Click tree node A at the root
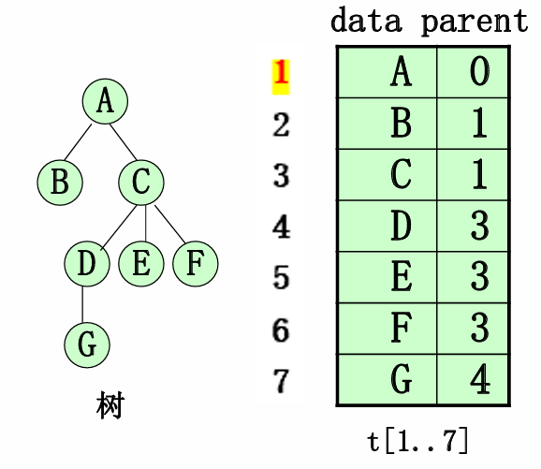(x=105, y=102)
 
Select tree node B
(x=60, y=181)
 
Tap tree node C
(x=140, y=181)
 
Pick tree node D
(x=87, y=264)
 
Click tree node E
(x=141, y=264)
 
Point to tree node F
(x=195, y=264)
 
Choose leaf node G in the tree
(x=87, y=344)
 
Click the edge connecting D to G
(x=84, y=304)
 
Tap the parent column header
(x=474, y=21)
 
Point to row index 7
(x=281, y=381)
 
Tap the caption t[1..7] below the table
(x=419, y=440)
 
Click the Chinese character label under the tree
(x=110, y=406)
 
